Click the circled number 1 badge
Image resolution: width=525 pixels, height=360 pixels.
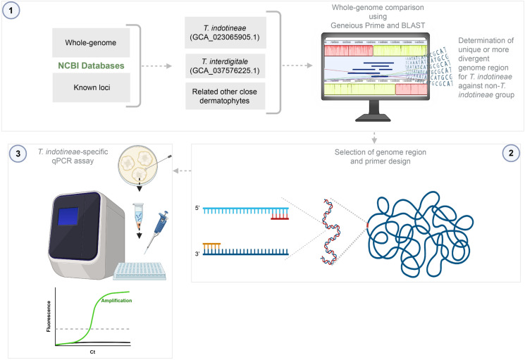[x=12, y=12]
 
